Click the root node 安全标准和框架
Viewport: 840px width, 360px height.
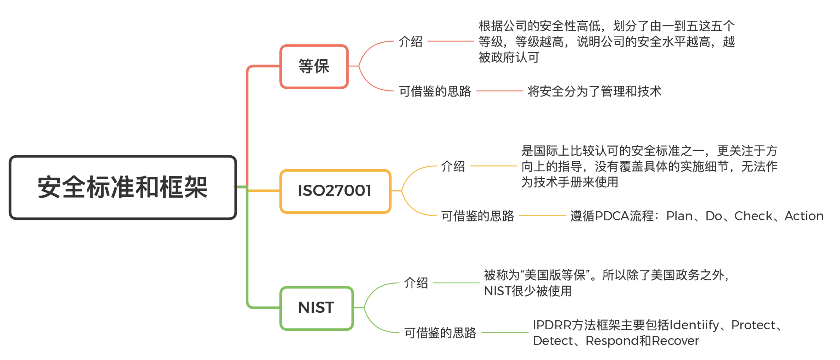[123, 187]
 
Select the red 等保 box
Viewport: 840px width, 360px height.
[314, 66]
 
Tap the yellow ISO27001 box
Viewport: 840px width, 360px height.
[335, 191]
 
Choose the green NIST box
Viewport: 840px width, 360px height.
[316, 308]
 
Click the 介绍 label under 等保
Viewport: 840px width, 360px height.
[411, 42]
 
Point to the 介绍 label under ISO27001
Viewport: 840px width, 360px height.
[453, 166]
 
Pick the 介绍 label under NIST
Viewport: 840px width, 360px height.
[416, 283]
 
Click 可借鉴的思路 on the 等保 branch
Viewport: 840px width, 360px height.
[435, 91]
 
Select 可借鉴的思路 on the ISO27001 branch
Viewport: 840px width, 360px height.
[477, 216]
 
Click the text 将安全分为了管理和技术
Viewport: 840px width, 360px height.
[594, 91]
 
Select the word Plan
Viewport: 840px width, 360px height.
[679, 216]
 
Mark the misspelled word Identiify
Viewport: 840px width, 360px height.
[694, 325]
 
